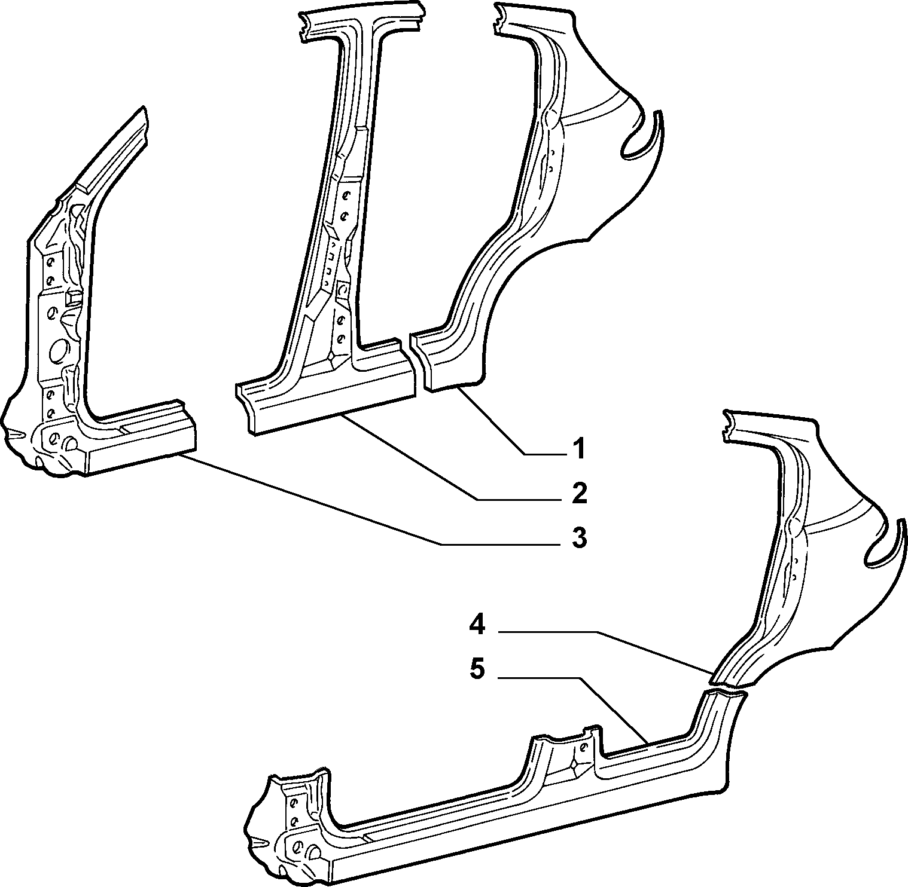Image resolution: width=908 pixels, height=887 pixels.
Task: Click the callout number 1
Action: [578, 449]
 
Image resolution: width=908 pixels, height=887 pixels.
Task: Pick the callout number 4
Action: [477, 625]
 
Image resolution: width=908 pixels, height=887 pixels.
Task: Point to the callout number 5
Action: [477, 669]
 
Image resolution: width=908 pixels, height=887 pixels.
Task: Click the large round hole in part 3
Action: [60, 351]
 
